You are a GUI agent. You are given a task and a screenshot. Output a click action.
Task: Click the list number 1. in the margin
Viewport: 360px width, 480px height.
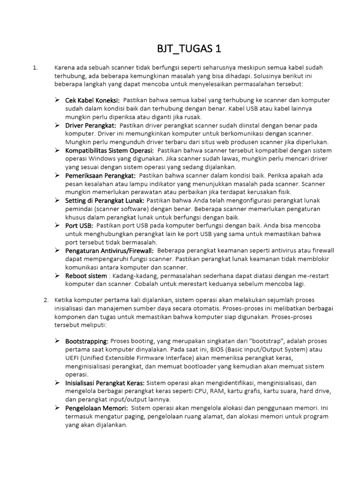(x=35, y=67)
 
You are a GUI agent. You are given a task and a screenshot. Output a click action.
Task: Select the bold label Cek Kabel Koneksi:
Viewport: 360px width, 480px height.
(x=92, y=100)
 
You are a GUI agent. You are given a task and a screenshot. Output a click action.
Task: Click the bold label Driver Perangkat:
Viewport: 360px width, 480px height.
(x=90, y=126)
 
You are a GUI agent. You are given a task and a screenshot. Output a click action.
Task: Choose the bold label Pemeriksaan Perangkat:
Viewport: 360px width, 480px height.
(x=100, y=175)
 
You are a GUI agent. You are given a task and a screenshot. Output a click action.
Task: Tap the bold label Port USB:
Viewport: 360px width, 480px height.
(x=79, y=225)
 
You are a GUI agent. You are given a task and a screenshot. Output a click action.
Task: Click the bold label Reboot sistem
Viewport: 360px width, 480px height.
(x=86, y=276)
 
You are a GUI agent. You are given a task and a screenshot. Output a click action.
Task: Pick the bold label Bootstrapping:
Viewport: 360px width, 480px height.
(x=87, y=341)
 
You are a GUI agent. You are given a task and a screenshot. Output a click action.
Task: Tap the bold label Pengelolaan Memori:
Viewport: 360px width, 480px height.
(x=97, y=408)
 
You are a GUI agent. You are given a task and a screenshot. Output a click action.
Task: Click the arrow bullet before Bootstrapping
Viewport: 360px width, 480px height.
(x=57, y=341)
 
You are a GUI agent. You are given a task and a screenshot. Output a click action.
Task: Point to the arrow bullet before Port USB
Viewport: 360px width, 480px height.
(x=57, y=225)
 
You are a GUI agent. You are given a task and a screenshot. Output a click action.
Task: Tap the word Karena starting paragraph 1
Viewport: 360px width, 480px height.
(x=65, y=67)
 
